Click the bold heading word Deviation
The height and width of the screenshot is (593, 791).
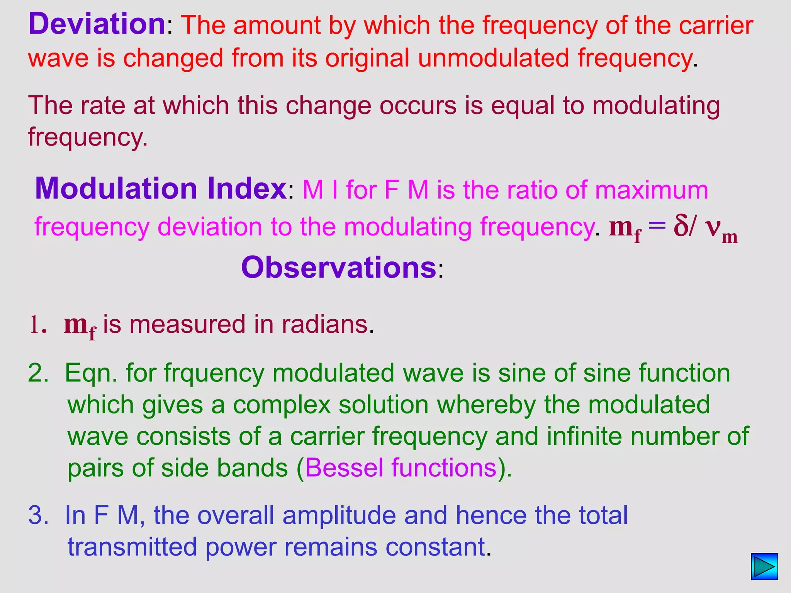click(x=97, y=24)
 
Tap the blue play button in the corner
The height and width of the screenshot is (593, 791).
click(x=764, y=567)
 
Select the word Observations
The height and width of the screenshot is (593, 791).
click(x=339, y=268)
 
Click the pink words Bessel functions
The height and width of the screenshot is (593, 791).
click(x=401, y=468)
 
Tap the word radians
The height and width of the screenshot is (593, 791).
click(x=324, y=324)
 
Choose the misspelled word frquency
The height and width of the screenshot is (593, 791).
click(x=214, y=373)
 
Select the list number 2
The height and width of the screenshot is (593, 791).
click(x=38, y=373)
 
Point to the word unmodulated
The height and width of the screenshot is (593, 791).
click(x=493, y=58)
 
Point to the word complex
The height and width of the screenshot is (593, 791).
click(x=282, y=405)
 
